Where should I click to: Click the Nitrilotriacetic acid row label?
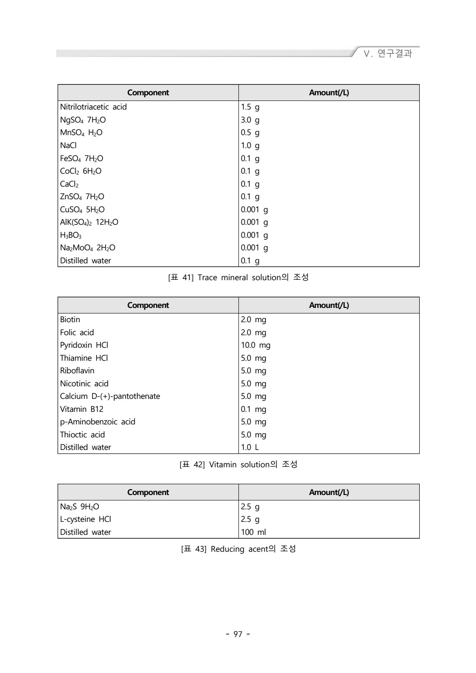93,107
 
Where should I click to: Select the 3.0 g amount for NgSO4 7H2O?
250,120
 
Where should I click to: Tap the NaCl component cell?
68,146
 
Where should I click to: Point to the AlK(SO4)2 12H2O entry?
89,222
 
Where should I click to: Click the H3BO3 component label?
71,235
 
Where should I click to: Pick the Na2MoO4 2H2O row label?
88,248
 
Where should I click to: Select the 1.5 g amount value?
250,107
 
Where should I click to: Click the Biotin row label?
70,320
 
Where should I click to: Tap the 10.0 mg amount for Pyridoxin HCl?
256,345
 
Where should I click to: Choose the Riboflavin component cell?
77,371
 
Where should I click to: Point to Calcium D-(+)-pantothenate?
110,396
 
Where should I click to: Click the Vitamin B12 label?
82,409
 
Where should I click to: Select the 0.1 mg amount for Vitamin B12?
254,409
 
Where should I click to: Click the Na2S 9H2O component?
80,507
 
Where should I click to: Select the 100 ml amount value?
254,532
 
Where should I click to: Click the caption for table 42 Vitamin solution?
238,465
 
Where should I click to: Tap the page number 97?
238,634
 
